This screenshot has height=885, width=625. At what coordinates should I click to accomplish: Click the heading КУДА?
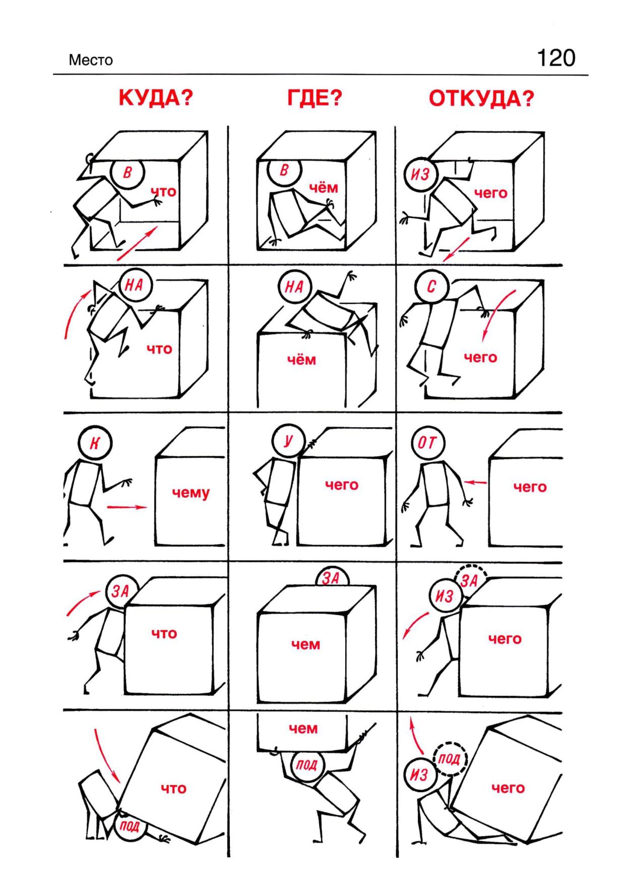[156, 98]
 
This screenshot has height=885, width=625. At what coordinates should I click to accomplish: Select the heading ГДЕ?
[315, 98]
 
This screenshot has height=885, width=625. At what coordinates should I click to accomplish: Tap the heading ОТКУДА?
[481, 98]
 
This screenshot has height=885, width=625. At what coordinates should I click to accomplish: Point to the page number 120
[556, 58]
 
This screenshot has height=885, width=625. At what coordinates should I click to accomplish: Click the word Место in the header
[91, 61]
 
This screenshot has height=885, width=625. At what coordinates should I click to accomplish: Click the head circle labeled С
[431, 288]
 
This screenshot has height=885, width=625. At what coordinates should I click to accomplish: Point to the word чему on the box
[191, 493]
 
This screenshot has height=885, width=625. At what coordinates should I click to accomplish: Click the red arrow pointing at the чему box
[127, 507]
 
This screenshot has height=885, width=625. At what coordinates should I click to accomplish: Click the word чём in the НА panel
[301, 360]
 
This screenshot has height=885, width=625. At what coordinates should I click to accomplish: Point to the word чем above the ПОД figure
[303, 728]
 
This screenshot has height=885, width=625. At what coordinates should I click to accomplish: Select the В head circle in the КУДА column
[128, 174]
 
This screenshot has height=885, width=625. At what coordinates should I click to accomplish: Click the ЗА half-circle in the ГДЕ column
[332, 576]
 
